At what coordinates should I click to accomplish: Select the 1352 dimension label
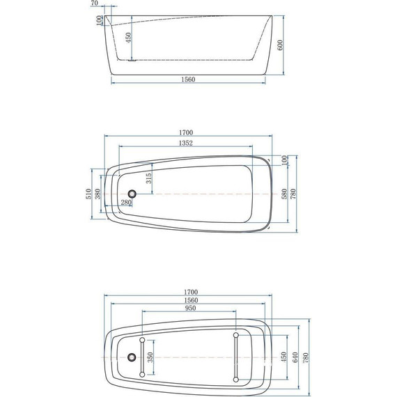tap(185, 143)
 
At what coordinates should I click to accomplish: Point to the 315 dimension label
tap(149, 178)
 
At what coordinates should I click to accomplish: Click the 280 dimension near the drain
tap(126, 203)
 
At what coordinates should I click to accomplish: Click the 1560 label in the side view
tap(187, 79)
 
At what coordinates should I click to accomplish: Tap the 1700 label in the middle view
tap(185, 132)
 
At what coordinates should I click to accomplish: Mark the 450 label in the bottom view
tap(283, 357)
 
